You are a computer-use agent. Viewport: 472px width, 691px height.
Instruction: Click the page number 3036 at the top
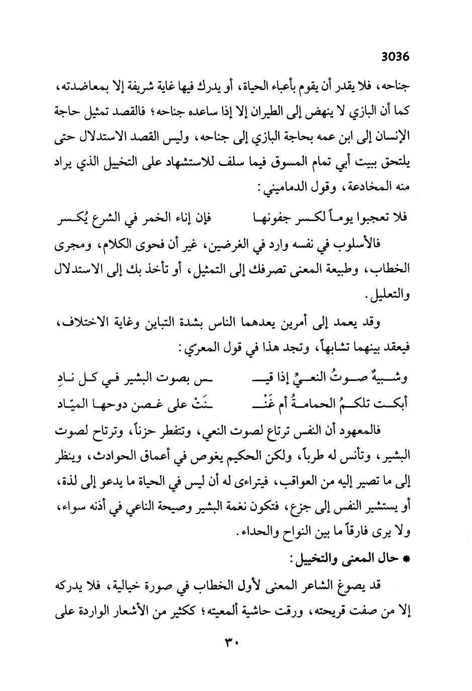(396, 57)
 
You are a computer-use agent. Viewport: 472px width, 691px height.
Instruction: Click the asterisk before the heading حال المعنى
(407, 559)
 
